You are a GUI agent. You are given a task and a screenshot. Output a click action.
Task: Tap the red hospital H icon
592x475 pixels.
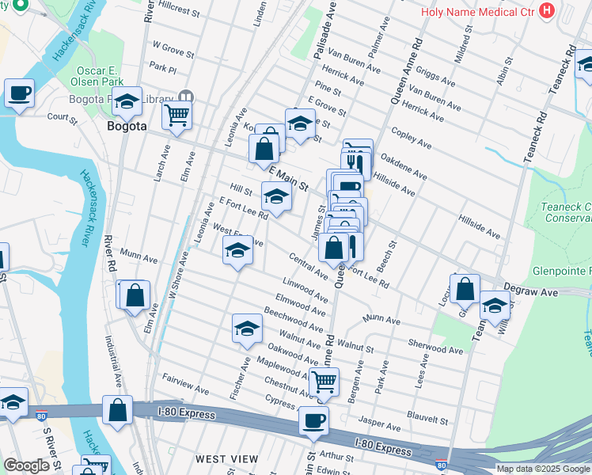545,10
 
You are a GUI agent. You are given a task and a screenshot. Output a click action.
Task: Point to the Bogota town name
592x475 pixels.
127,126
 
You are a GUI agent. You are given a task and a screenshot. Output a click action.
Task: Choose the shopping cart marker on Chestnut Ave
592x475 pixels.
323,382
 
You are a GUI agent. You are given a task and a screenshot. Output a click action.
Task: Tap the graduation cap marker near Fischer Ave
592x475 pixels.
247,329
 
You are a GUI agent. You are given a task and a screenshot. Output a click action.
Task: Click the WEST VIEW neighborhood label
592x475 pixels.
226,459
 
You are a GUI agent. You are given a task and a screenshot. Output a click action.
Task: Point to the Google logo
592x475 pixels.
26,465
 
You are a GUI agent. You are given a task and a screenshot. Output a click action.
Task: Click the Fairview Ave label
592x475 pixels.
184,386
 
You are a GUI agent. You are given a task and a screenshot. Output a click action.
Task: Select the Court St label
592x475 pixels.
62,119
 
